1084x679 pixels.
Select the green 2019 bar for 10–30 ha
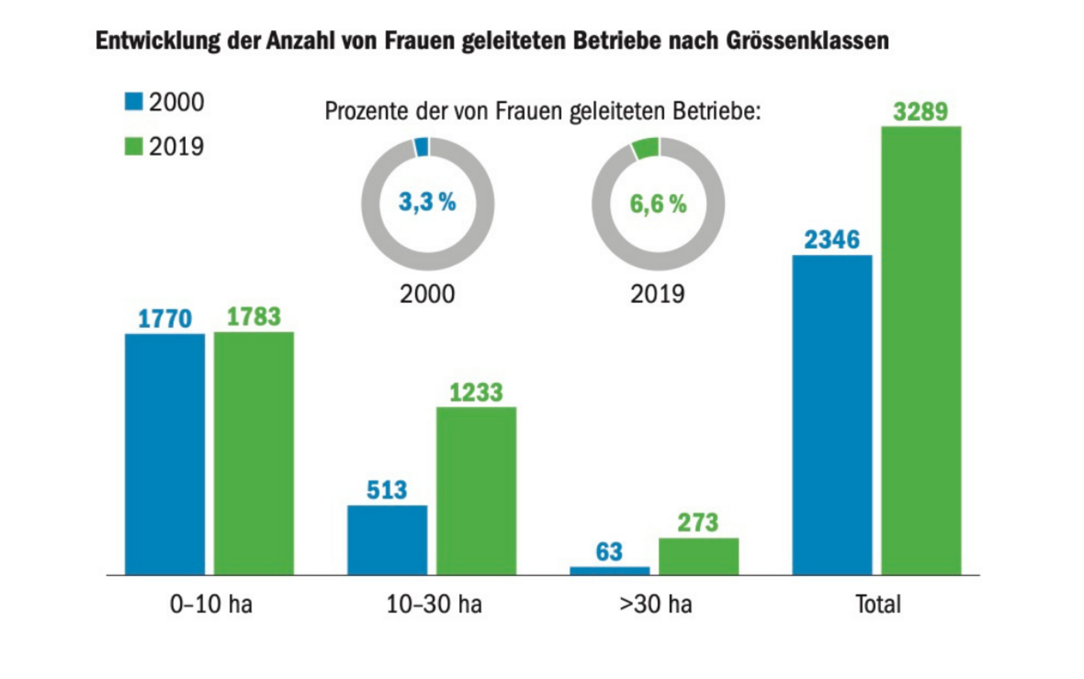click(x=476, y=490)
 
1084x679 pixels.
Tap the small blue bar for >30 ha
click(x=609, y=570)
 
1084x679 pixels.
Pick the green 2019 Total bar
click(x=921, y=350)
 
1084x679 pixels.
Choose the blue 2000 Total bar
click(x=832, y=415)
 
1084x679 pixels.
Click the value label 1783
click(x=254, y=316)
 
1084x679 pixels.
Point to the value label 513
click(x=386, y=490)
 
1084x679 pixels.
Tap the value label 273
click(x=698, y=522)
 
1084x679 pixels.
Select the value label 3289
click(x=921, y=112)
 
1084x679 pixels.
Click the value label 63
click(x=609, y=552)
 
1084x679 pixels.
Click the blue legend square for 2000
click(x=134, y=102)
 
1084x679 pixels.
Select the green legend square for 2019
click(x=134, y=146)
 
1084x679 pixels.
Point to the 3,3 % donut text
click(x=427, y=202)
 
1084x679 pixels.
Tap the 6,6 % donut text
click(x=658, y=204)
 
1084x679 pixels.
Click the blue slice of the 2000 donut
click(x=421, y=147)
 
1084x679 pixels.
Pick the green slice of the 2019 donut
click(x=645, y=148)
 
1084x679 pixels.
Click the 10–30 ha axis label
click(x=434, y=604)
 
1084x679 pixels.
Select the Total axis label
click(x=877, y=604)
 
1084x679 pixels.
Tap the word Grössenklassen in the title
click(x=808, y=40)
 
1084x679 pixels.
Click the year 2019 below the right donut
click(x=657, y=295)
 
